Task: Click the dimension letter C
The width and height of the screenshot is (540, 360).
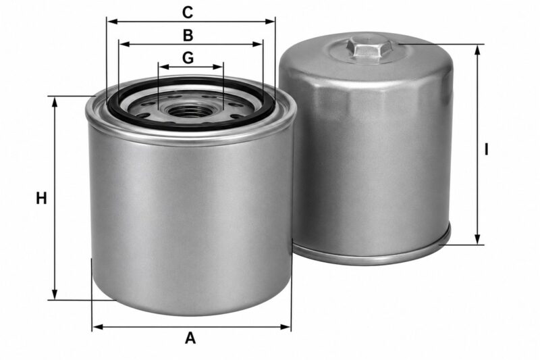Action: pyautogui.click(x=188, y=13)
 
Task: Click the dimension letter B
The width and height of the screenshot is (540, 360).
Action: pyautogui.click(x=188, y=35)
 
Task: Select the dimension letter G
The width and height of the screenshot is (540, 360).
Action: pyautogui.click(x=188, y=58)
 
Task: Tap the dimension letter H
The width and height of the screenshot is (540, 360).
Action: pyautogui.click(x=41, y=199)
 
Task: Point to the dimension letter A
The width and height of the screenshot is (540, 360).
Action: pyautogui.click(x=190, y=338)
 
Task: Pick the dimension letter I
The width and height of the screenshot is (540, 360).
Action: pyautogui.click(x=486, y=149)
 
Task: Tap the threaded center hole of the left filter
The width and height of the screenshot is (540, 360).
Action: pyautogui.click(x=188, y=111)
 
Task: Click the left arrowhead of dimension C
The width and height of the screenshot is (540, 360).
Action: pyautogui.click(x=113, y=22)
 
